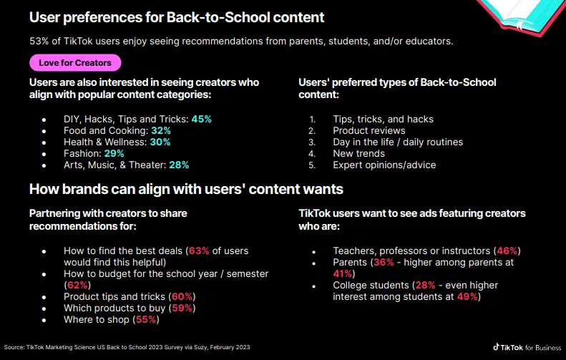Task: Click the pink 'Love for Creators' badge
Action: [75, 63]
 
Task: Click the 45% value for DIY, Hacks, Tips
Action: [201, 119]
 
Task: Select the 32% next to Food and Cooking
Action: [161, 130]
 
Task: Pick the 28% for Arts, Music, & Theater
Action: [179, 165]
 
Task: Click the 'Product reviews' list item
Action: [369, 130]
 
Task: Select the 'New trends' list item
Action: [358, 153]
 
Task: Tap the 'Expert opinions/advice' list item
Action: [384, 165]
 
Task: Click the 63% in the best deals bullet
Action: [200, 251]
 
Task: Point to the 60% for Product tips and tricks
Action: [182, 296]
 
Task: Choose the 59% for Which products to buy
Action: [182, 308]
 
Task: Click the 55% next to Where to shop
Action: [147, 319]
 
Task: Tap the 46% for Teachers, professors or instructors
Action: [508, 251]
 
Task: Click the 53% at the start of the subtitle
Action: [39, 41]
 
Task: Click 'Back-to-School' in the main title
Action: [192, 16]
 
